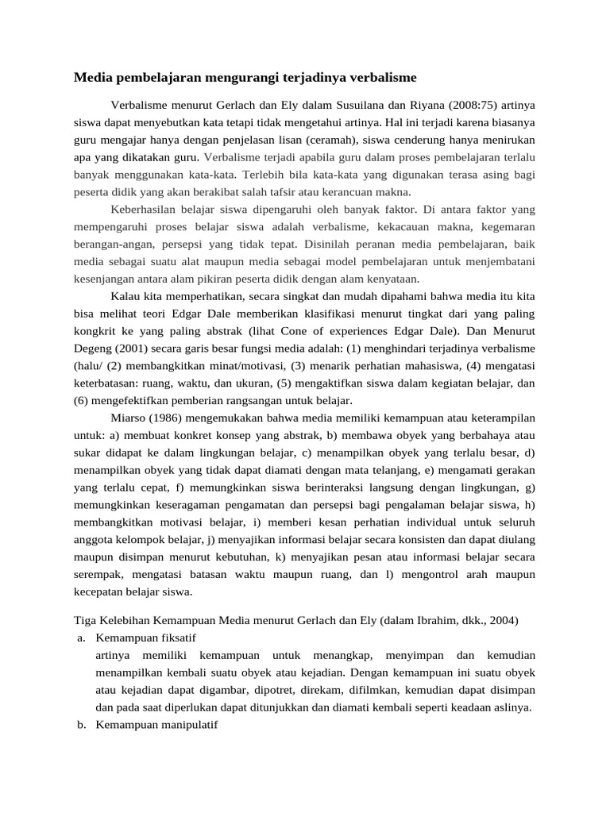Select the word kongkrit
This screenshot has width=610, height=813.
coord(95,330)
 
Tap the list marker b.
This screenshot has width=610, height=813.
coord(82,725)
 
